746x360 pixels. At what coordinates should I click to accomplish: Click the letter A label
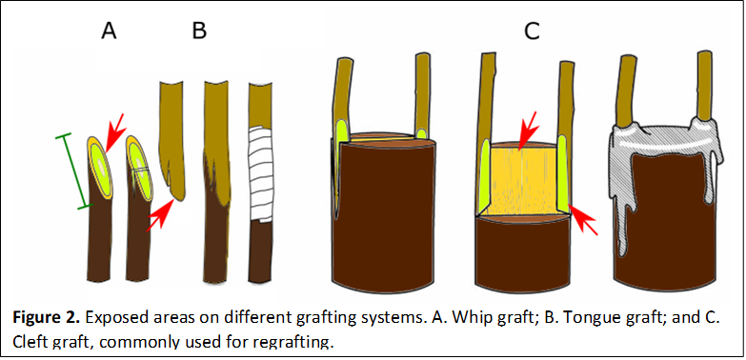click(x=109, y=31)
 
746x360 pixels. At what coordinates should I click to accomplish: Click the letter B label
click(x=198, y=31)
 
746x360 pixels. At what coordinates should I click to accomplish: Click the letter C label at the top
click(x=532, y=31)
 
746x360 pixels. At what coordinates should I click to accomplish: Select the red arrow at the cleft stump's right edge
click(x=585, y=220)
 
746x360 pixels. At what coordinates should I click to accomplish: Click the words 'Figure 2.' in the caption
click(x=46, y=318)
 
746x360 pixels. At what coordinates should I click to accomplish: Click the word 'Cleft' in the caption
click(x=29, y=341)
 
